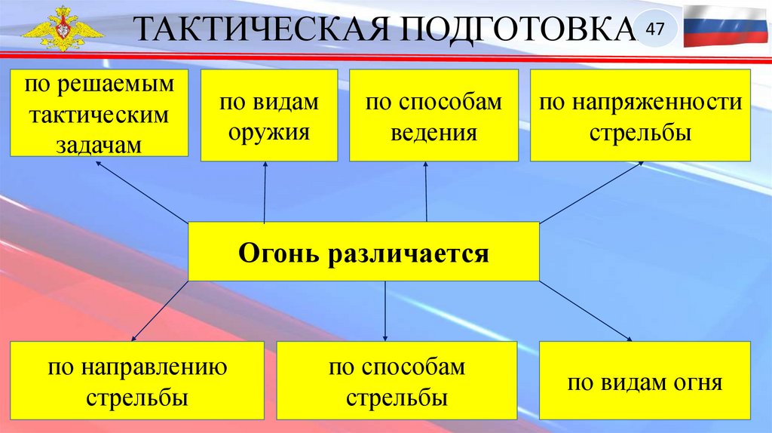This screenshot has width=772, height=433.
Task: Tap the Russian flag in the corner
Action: click(x=726, y=26)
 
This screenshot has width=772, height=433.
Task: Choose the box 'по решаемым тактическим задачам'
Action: click(x=98, y=113)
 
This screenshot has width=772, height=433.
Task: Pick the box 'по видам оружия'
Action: click(x=269, y=115)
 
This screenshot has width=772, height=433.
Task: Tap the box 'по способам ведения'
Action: click(x=433, y=115)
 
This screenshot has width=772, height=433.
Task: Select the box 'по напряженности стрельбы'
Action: click(x=640, y=115)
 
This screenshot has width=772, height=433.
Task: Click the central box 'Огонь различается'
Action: click(x=363, y=251)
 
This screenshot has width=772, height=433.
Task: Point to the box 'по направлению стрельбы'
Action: click(x=137, y=381)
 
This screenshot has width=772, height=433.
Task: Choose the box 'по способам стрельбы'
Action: click(x=397, y=381)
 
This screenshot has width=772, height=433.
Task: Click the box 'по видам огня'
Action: click(x=645, y=381)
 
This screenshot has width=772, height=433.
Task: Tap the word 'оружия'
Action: click(x=269, y=133)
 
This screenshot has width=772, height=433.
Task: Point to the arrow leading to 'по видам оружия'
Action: click(x=265, y=192)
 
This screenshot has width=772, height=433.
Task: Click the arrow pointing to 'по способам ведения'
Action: click(x=426, y=192)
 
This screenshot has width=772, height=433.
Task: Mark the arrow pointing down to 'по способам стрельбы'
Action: click(x=385, y=311)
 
